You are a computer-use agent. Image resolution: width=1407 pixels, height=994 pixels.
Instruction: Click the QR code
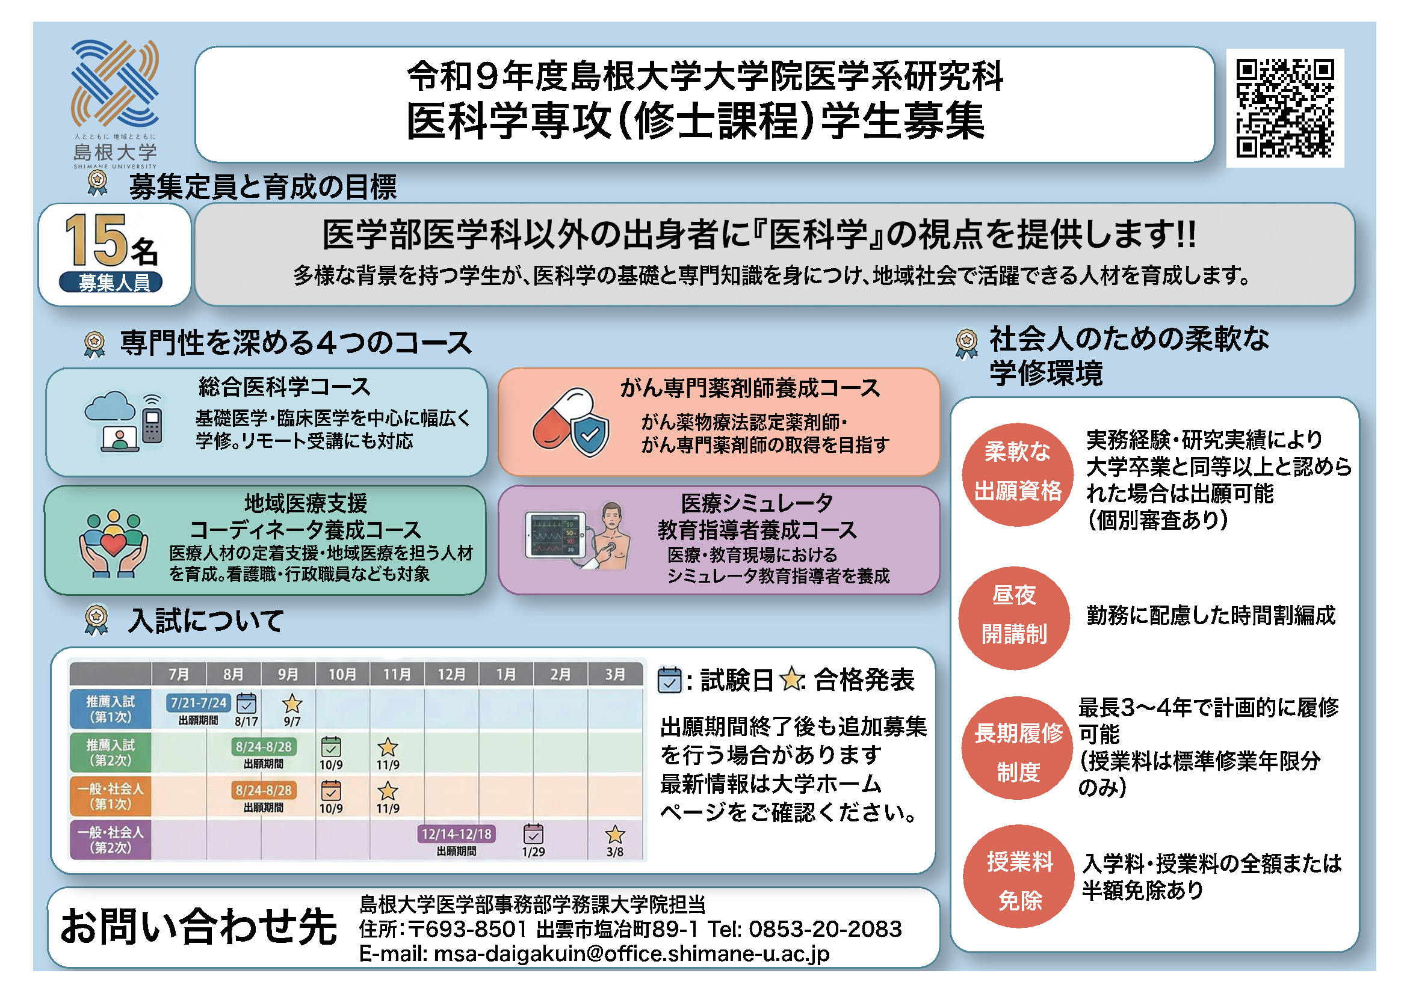(1284, 108)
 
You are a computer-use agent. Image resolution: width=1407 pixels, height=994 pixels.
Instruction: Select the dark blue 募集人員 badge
(111, 283)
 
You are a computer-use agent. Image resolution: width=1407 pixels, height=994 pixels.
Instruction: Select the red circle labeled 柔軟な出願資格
(1017, 474)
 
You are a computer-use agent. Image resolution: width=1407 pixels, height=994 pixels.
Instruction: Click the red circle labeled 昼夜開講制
(1014, 618)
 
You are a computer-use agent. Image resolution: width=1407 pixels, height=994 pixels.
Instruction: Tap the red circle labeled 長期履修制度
(1017, 748)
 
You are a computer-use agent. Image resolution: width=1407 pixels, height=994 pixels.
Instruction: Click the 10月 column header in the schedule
(342, 673)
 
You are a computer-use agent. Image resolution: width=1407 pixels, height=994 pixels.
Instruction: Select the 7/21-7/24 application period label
(199, 702)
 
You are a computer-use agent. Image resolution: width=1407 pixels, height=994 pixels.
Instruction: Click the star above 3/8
(614, 833)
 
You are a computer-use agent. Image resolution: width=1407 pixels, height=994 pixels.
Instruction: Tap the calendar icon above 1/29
(533, 833)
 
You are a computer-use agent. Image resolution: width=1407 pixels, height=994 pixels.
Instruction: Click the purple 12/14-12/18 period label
(457, 833)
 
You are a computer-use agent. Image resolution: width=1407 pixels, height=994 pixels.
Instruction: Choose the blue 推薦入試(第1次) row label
(110, 709)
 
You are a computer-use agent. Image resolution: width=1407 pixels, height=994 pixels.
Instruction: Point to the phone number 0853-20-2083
(825, 928)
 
